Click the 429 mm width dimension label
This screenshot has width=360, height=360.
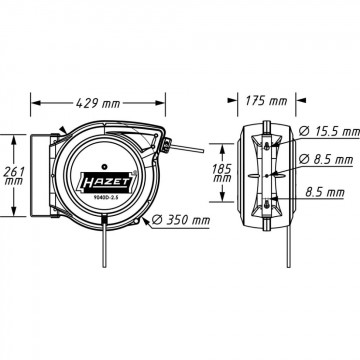click(x=98, y=103)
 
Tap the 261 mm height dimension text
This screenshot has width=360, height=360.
click(x=14, y=176)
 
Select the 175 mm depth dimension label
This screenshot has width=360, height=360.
click(x=266, y=100)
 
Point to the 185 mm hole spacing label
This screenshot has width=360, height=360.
click(x=222, y=173)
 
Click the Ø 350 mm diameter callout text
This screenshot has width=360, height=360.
click(x=181, y=220)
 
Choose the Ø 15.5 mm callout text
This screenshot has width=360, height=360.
click(x=329, y=132)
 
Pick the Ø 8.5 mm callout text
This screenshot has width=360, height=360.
click(x=326, y=160)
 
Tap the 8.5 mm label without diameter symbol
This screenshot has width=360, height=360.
click(x=325, y=192)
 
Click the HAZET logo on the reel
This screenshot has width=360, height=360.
click(x=105, y=183)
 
